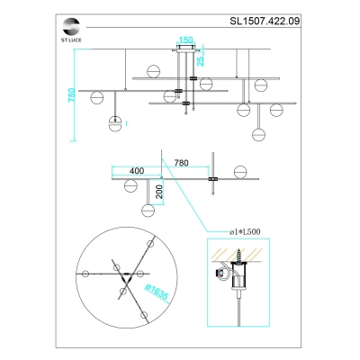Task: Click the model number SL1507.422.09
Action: tap(265, 21)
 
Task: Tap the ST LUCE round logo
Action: tap(71, 27)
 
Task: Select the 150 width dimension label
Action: tap(185, 40)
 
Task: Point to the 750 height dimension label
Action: tap(72, 94)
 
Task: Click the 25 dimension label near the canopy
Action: tap(201, 61)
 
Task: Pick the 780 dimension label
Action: tap(182, 163)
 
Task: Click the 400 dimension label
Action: tap(137, 171)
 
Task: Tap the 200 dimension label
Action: tap(159, 192)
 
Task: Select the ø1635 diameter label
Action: tap(157, 292)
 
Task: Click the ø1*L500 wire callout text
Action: tap(245, 231)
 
